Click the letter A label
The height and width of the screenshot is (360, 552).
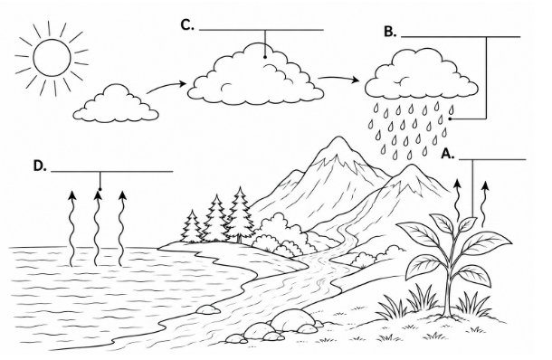coord(448,154)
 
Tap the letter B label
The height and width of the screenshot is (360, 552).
coord(390,32)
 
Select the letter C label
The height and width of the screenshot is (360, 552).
coord(187,25)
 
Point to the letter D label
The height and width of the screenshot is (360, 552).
coord(40,166)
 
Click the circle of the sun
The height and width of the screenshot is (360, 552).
coord(52,58)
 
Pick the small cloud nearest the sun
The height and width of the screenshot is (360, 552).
coord(116,105)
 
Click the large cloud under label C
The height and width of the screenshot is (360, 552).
coord(255,76)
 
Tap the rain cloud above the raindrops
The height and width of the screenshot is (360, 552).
coord(422,74)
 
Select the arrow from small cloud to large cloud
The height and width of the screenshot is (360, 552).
coord(166,87)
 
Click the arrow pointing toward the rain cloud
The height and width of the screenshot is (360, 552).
coord(338,79)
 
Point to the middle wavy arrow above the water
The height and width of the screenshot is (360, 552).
coord(97,228)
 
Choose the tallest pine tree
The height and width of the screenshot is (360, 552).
coord(240,215)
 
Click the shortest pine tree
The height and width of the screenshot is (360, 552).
coord(192,227)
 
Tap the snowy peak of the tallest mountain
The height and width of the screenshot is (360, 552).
coord(338,147)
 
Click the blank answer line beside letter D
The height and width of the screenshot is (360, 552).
coord(112,172)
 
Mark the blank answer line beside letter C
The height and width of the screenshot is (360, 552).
coord(262,30)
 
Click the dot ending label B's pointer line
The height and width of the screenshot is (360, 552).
coord(450,118)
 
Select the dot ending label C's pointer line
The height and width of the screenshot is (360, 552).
coord(265,57)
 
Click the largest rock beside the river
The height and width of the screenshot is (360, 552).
coord(292,320)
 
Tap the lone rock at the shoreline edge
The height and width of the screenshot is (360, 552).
coord(208,309)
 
